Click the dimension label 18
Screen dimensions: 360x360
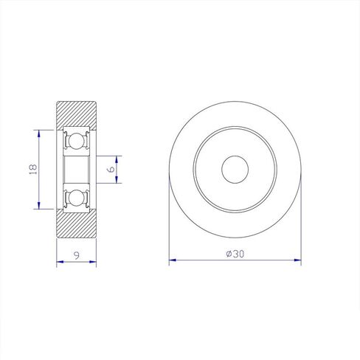click(x=33, y=169)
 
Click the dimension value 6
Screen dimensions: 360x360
click(x=111, y=169)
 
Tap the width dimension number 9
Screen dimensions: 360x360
click(x=77, y=255)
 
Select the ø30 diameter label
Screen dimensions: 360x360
click(x=235, y=254)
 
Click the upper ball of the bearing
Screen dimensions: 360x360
click(x=76, y=142)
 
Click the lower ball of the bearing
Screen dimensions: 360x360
click(x=76, y=198)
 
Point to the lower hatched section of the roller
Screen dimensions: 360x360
click(x=77, y=224)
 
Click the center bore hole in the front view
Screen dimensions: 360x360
click(x=235, y=170)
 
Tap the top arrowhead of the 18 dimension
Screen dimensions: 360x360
click(x=39, y=135)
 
